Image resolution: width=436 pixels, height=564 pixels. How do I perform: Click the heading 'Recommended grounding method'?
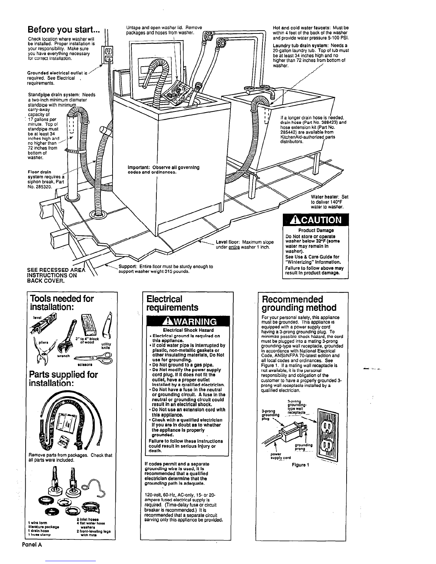[x=299, y=303]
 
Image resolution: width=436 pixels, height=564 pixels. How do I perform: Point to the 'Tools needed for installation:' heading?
[x=63, y=303]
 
